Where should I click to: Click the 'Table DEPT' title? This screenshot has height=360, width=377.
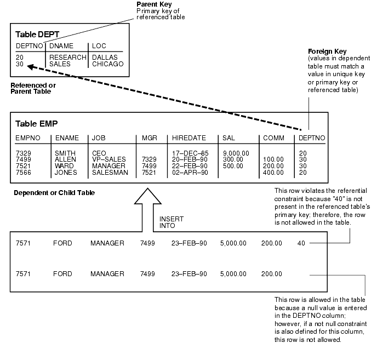[37, 34]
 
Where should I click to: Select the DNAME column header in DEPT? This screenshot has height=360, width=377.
[62, 46]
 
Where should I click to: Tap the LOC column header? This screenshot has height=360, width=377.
[99, 46]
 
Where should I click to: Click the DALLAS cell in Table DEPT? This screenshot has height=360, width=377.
[105, 57]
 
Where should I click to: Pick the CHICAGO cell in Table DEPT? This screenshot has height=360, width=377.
[107, 64]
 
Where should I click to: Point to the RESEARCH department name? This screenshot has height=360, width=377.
[68, 57]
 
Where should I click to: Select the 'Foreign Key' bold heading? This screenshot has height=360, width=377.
[328, 52]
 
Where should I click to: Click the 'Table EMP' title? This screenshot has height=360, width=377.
[36, 123]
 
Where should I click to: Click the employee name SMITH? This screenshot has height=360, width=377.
[65, 153]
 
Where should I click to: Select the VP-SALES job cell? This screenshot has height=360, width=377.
[108, 159]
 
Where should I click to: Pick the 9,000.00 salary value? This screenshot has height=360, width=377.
[236, 153]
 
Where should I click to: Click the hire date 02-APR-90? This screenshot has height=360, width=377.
[190, 173]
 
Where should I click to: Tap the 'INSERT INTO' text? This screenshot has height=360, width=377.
[172, 222]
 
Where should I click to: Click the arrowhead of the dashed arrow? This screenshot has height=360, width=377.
[31, 67]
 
